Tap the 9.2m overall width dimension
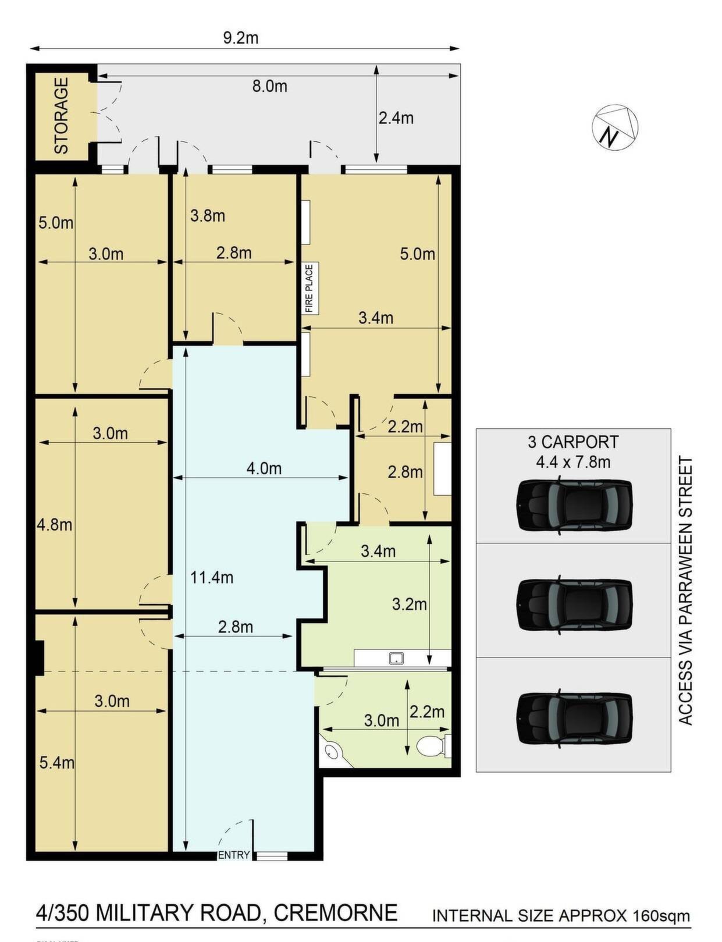(240, 38)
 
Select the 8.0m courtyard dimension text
(269, 86)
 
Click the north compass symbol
(614, 127)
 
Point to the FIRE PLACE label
(310, 288)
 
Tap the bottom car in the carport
(574, 717)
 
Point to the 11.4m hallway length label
(212, 577)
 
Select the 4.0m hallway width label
(264, 468)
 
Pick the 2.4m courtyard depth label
(396, 118)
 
